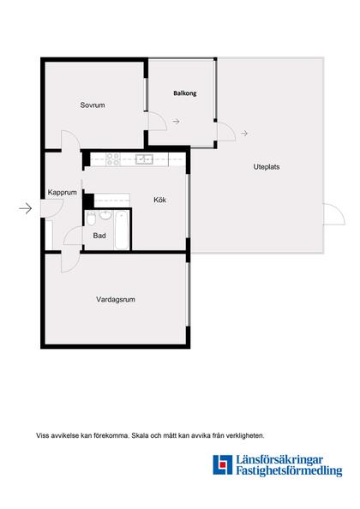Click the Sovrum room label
coord(93,105)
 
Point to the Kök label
coord(159,200)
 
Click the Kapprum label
coord(63,193)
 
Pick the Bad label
coord(99,235)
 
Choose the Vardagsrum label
coord(116,300)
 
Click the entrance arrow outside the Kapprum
coord(25,208)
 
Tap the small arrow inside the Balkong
coord(176,123)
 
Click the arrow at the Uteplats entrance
coord(244,133)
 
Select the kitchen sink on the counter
coord(143,159)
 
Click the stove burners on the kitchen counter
coord(111,159)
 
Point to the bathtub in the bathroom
coord(121,230)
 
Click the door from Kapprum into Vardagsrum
coord(69,261)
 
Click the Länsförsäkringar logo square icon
coord(223,465)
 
